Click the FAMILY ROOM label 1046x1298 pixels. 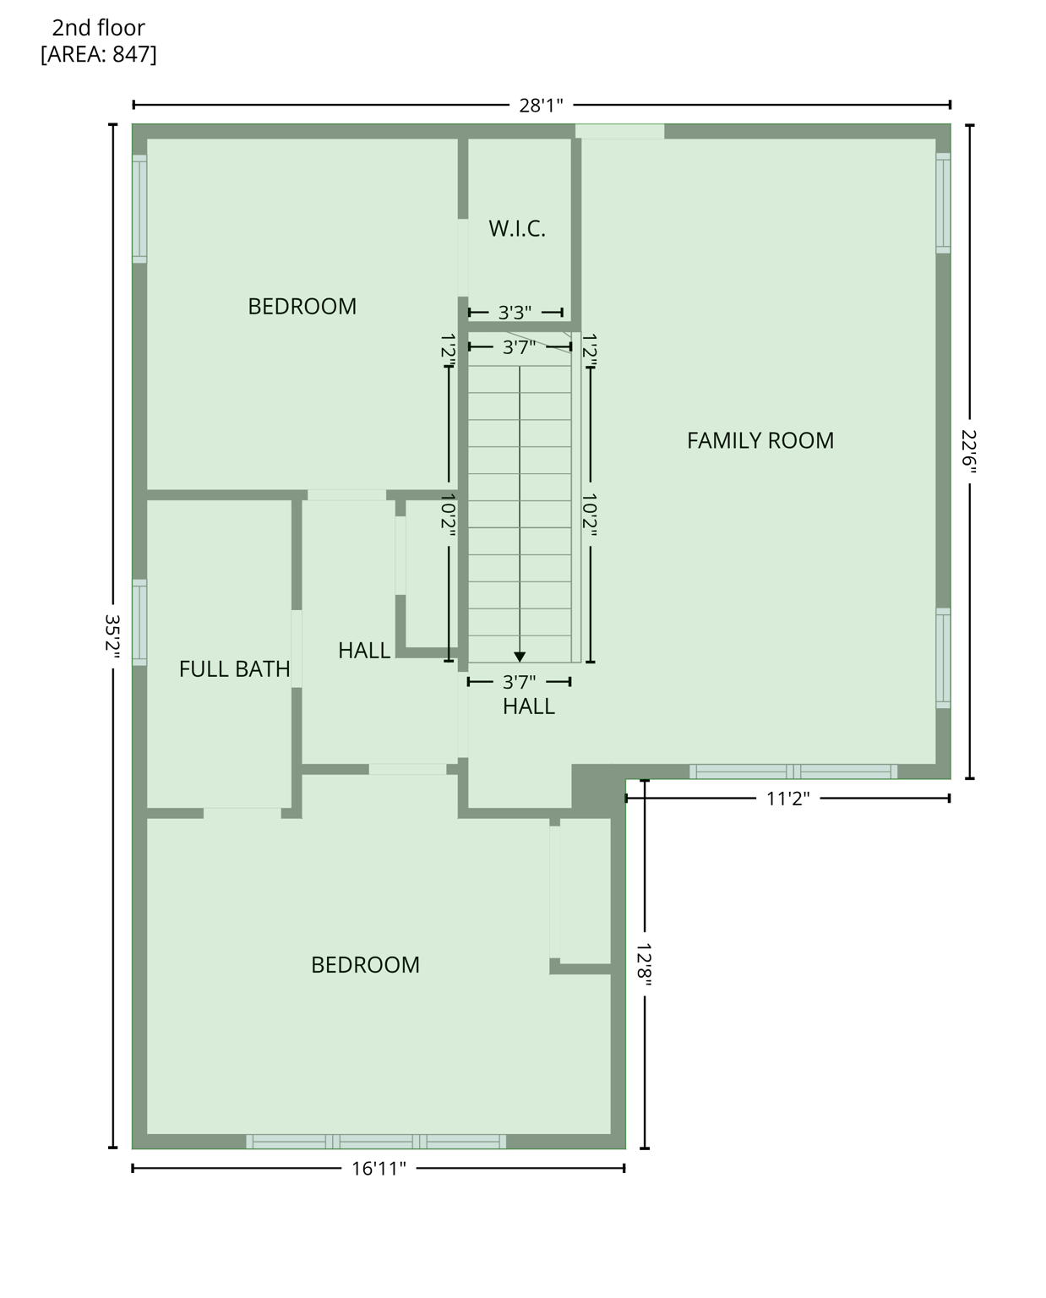pos(760,440)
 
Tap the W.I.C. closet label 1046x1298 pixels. pos(517,229)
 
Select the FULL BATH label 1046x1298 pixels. pos(234,669)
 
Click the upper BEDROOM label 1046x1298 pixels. pos(302,306)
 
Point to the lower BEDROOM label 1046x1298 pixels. pos(365,965)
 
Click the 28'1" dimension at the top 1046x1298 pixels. pos(541,106)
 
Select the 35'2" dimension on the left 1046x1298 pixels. pos(112,636)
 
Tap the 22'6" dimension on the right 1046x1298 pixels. pos(968,452)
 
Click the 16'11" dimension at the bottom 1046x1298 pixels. pos(379,1169)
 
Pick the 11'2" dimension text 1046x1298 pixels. pos(787,799)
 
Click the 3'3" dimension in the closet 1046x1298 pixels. pos(515,313)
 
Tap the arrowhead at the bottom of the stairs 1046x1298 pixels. pos(520,657)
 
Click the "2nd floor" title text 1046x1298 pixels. pos(98,28)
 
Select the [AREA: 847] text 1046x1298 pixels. pos(98,55)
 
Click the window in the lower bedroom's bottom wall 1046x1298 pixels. pos(376,1142)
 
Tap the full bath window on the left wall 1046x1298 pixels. pos(139,623)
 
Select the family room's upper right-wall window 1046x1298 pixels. pos(943,203)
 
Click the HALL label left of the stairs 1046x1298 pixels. pos(364,651)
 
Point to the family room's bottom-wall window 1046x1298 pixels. pos(793,772)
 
